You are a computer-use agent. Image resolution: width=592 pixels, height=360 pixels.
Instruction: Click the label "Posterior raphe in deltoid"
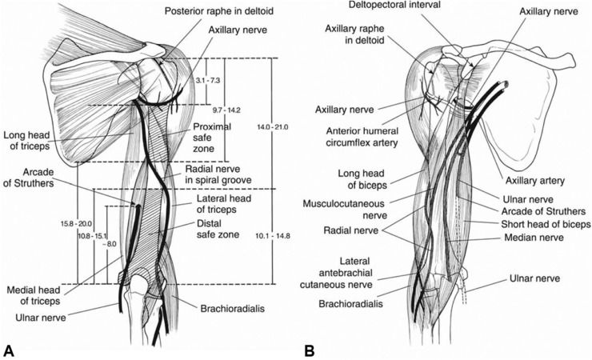219,11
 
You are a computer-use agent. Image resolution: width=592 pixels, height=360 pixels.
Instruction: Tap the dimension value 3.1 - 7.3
207,80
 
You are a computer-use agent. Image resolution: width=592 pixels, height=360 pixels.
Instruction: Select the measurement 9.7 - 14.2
226,110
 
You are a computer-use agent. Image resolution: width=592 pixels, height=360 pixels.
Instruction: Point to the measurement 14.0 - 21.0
271,127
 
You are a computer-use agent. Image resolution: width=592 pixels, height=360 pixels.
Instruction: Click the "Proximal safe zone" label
212,138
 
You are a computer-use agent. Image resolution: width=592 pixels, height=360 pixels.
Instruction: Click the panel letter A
8,350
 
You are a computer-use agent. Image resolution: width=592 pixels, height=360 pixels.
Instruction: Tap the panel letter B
310,350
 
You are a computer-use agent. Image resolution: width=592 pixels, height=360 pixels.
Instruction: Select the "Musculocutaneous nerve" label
343,210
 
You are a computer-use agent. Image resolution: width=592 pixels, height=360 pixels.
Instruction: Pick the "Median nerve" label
534,238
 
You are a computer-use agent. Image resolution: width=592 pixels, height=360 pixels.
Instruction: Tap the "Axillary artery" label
535,181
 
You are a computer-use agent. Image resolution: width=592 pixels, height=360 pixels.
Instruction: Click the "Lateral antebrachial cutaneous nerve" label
336,273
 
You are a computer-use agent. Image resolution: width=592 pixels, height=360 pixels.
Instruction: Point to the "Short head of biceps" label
546,224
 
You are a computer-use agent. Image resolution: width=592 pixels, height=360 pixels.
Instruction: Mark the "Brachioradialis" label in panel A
233,309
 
